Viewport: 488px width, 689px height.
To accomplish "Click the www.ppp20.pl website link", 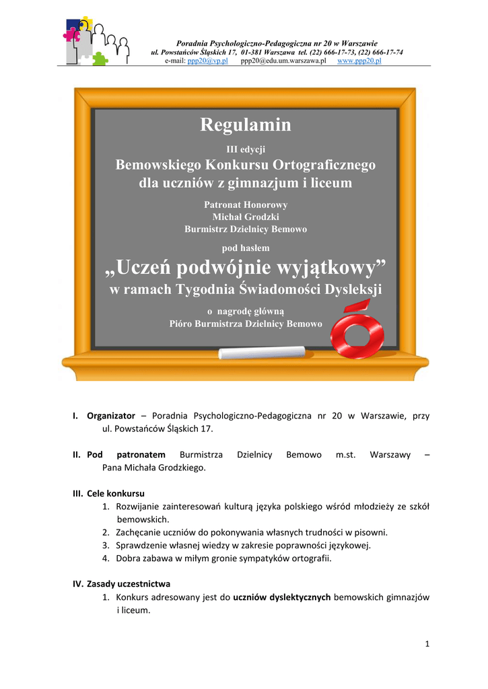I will pos(359,61).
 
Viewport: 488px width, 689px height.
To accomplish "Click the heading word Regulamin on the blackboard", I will pos(245,125).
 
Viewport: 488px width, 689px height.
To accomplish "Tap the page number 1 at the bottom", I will pos(427,645).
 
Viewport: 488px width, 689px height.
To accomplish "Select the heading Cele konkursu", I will pos(116,493).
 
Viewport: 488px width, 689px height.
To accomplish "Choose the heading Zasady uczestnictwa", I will pos(129,583).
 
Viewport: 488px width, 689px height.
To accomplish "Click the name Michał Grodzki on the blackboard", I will pos(246,217).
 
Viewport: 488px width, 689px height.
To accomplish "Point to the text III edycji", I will pos(245,149).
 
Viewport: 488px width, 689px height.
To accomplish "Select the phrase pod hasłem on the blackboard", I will pos(246,248).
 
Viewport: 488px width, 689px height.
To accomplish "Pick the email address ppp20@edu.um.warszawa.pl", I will pos(283,61).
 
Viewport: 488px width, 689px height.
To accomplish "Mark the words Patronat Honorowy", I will pos(246,204).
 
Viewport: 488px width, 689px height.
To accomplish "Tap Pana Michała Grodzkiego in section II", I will pos(153,467).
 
